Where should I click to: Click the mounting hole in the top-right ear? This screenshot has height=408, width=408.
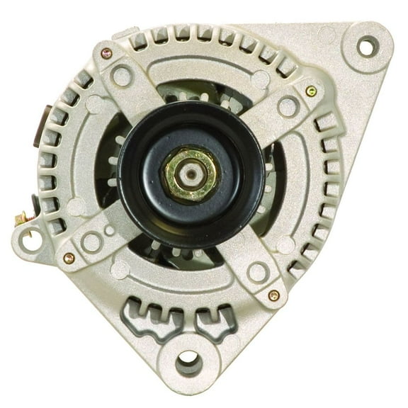[365, 47]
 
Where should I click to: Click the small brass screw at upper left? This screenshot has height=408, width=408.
[106, 53]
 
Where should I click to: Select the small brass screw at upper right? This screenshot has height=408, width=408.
[311, 91]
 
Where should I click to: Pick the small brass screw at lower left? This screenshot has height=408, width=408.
[69, 259]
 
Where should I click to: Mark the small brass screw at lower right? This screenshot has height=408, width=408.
[273, 295]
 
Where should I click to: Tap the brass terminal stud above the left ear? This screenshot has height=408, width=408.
[20, 219]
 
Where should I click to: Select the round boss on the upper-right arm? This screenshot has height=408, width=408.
[288, 107]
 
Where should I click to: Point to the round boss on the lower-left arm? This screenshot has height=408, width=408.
[92, 242]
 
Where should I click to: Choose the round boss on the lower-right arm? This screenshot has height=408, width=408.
[257, 271]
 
